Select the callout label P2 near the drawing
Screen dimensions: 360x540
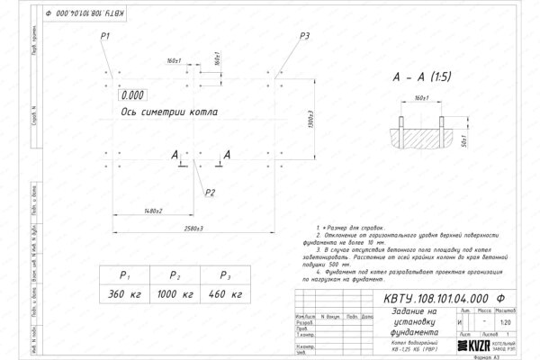(210, 192)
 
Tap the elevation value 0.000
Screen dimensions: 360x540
(132, 94)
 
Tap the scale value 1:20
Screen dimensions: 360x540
(509, 321)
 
